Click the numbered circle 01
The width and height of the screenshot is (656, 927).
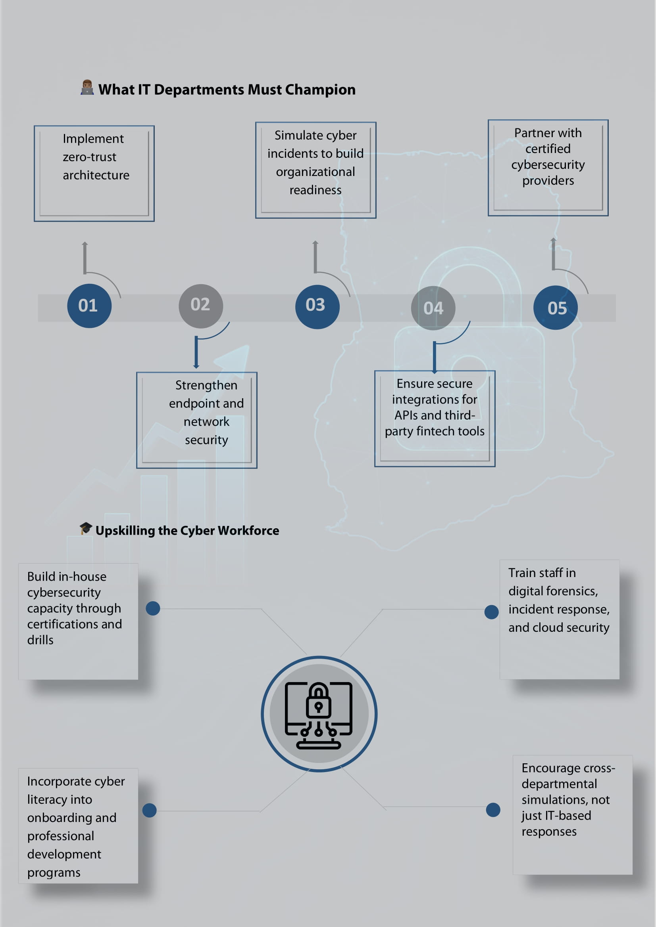pyautogui.click(x=89, y=306)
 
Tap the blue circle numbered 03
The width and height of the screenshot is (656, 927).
pyautogui.click(x=317, y=307)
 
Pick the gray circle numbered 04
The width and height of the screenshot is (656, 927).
pyautogui.click(x=433, y=308)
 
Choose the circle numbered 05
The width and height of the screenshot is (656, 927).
pyautogui.click(x=556, y=308)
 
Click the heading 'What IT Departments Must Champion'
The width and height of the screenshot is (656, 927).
pyautogui.click(x=227, y=90)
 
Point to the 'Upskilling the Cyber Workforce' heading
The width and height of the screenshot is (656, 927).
pyautogui.click(x=187, y=531)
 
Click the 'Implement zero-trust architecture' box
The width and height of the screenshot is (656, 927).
pyautogui.click(x=94, y=174)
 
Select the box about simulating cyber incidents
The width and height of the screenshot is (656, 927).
pyautogui.click(x=315, y=170)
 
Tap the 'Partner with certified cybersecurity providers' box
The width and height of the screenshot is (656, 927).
pyautogui.click(x=548, y=168)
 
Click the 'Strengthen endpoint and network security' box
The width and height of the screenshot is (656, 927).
pyautogui.click(x=197, y=420)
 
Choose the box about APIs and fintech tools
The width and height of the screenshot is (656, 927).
pyautogui.click(x=435, y=419)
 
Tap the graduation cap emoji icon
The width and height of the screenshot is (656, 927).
pyautogui.click(x=86, y=528)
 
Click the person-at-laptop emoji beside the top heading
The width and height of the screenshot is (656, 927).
pyautogui.click(x=87, y=87)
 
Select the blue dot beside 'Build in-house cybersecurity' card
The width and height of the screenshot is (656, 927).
pyautogui.click(x=153, y=608)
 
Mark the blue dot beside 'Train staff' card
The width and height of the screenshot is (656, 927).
pyautogui.click(x=491, y=612)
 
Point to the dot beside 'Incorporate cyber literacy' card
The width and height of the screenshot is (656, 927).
pyautogui.click(x=150, y=810)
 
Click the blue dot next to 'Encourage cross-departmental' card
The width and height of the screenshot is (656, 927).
pyautogui.click(x=493, y=810)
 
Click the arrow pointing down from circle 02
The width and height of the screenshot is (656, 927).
pyautogui.click(x=196, y=352)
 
